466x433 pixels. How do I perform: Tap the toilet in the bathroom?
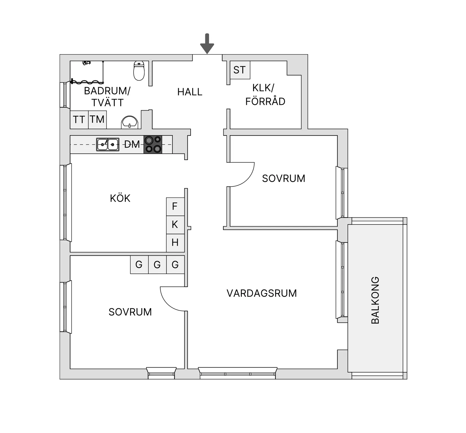[x=139, y=71]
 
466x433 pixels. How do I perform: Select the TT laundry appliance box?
[x=79, y=120]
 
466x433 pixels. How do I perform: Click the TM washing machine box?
[x=97, y=120]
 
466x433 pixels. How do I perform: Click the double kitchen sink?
[x=108, y=144]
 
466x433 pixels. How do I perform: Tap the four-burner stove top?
[x=153, y=144]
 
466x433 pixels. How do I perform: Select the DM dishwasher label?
[x=132, y=144]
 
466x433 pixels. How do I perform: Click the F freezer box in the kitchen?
[x=175, y=206]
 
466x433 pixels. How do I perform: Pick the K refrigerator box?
[x=175, y=225]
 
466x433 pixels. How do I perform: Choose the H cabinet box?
[x=175, y=243]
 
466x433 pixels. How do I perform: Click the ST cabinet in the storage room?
[x=240, y=70]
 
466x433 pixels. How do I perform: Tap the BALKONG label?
[x=375, y=300]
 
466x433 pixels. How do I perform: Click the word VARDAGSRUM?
[x=262, y=293]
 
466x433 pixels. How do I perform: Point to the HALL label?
[x=190, y=92]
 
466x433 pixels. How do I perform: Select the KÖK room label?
[x=120, y=198]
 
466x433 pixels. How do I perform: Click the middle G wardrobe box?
[x=157, y=265]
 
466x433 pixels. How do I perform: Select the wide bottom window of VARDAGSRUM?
[x=238, y=373]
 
